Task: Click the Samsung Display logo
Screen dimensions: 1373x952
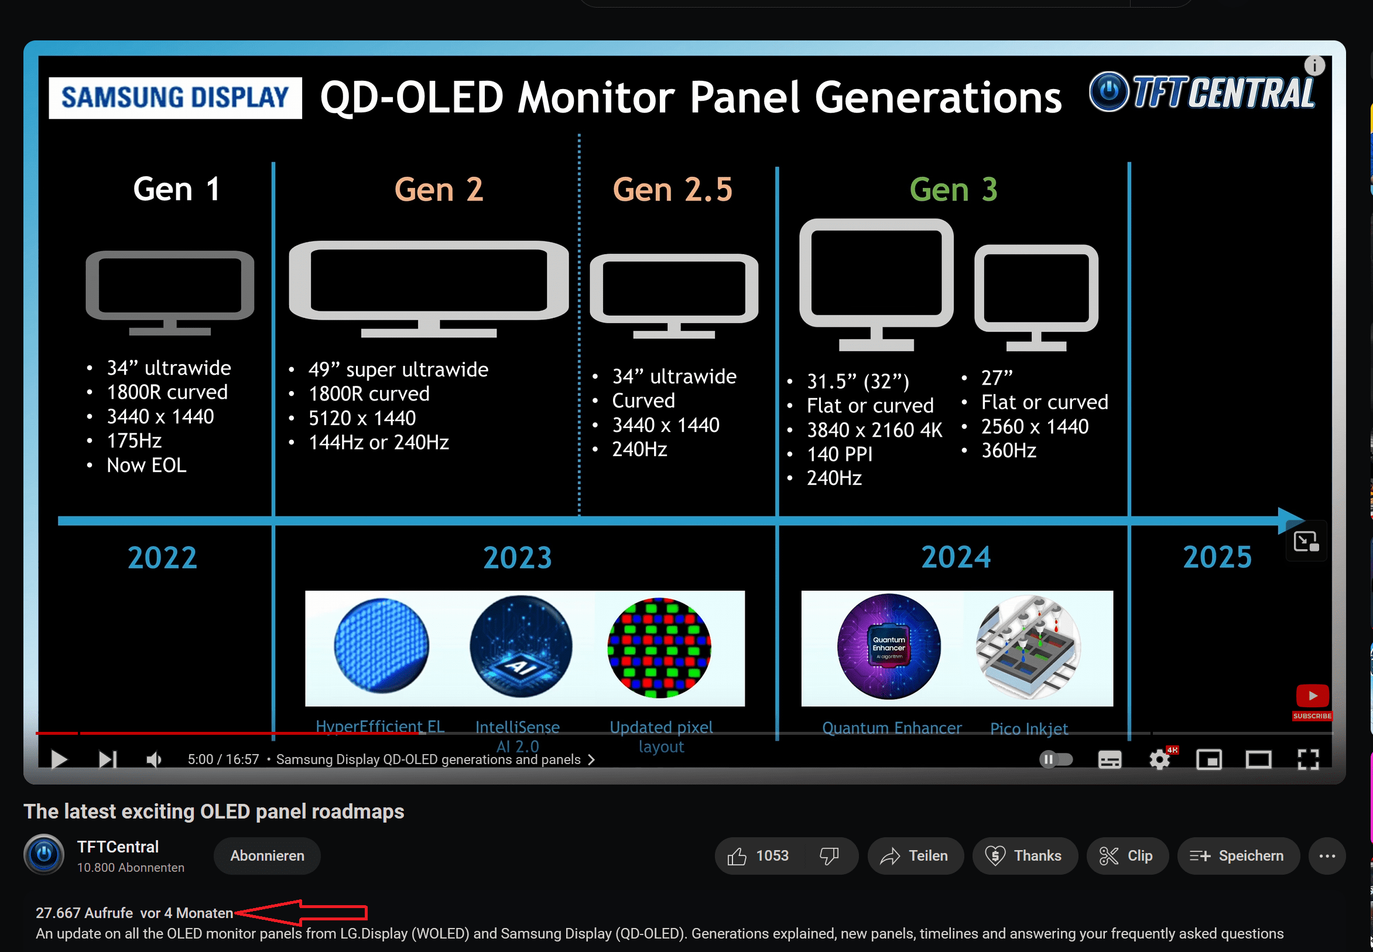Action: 174,98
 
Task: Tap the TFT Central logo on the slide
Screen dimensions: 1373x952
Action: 1202,93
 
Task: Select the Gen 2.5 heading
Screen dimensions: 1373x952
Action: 672,190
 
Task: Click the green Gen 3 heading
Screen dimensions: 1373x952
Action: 953,190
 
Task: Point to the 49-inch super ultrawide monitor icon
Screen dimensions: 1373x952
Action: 428,289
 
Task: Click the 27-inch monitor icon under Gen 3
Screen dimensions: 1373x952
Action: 1036,297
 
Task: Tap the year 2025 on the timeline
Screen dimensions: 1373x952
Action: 1217,557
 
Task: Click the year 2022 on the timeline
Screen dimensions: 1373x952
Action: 162,558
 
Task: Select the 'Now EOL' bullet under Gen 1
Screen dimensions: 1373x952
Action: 146,465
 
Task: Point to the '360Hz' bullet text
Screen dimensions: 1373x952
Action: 1009,450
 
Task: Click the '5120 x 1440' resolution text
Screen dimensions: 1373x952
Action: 362,418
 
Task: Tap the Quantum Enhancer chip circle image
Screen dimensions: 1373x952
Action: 889,646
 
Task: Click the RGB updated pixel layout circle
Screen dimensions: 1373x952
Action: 659,648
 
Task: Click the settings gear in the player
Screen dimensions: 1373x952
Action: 1159,759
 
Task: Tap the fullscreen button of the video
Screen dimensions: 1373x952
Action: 1307,759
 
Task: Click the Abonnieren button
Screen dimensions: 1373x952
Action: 267,856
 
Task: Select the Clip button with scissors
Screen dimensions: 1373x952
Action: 1127,856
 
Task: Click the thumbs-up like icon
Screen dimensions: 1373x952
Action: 737,857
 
